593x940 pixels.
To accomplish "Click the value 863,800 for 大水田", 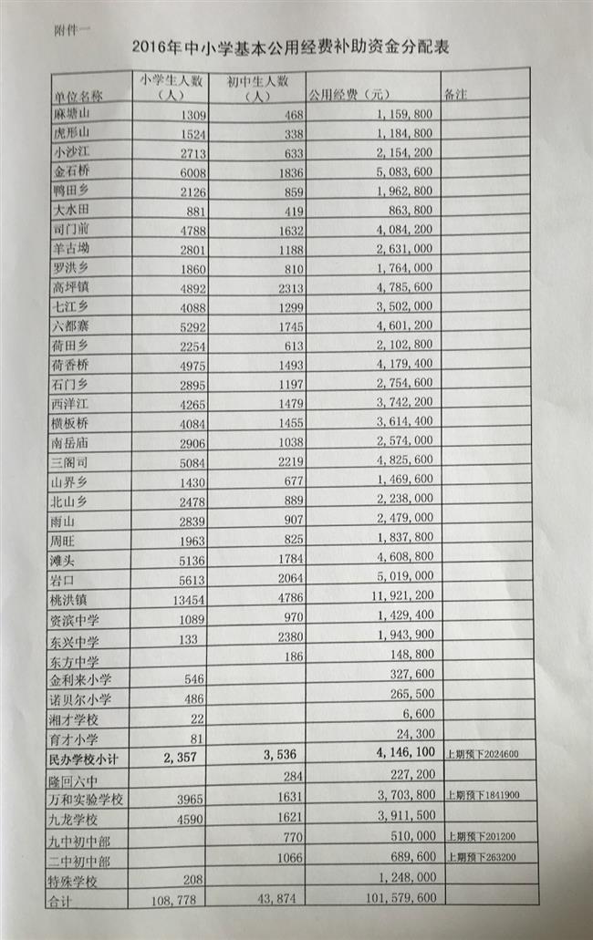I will coord(403,209).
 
